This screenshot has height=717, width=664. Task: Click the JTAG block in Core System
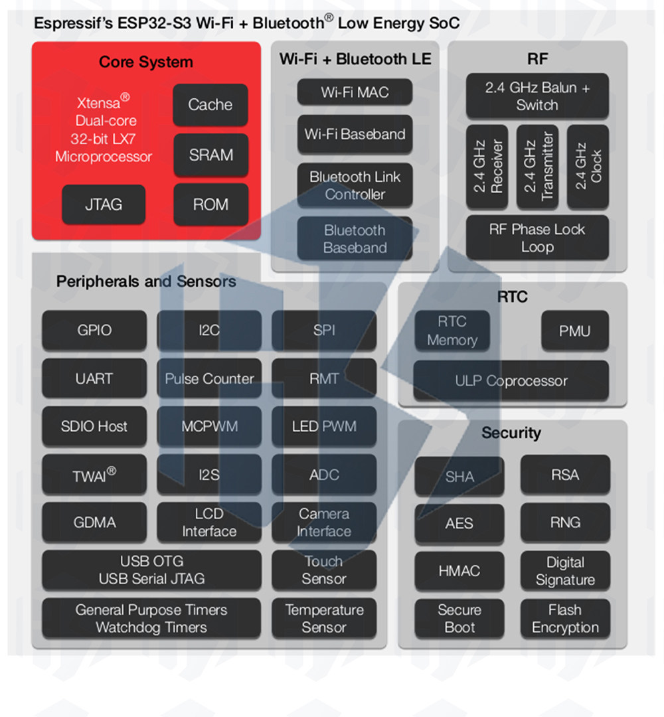coord(104,204)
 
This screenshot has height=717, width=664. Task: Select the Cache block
coord(210,105)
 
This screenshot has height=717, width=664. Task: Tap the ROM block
coord(210,204)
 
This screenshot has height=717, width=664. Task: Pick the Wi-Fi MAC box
coord(355,92)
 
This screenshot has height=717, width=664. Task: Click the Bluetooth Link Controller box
coord(355,186)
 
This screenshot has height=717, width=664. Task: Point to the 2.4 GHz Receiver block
coord(487,167)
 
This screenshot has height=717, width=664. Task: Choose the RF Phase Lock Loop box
coord(537,238)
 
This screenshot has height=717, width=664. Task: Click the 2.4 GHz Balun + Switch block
coord(537,96)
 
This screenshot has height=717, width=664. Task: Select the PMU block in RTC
coord(575,331)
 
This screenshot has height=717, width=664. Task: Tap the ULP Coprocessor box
coord(511,380)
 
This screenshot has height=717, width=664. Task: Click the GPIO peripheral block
coord(94,330)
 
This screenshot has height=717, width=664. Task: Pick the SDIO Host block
coord(94,426)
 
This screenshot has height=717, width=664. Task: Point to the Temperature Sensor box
coord(324,618)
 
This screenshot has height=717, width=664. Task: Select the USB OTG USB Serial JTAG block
coord(152,570)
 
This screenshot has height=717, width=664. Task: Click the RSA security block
coord(565,475)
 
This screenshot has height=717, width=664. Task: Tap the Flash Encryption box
coord(565,618)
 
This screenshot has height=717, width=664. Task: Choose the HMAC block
coord(459,571)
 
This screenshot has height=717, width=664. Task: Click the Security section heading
coord(511,433)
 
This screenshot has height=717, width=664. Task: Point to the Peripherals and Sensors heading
coord(146,281)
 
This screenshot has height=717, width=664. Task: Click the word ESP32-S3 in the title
coord(154,23)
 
